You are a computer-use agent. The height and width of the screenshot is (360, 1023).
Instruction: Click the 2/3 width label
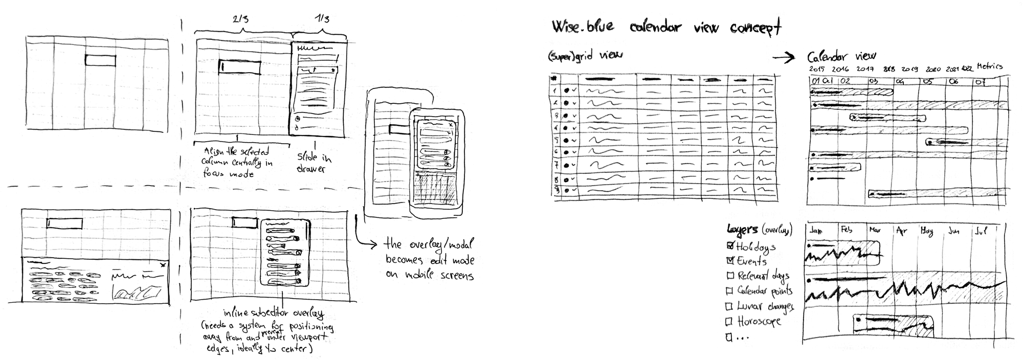[x=241, y=19]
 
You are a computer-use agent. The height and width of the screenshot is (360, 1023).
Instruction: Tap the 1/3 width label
[x=322, y=19]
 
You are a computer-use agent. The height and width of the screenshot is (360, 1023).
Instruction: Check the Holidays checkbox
[x=730, y=246]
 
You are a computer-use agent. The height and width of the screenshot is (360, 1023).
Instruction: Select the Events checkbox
[x=730, y=261]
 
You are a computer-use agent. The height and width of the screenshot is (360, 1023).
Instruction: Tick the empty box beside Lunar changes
[x=730, y=306]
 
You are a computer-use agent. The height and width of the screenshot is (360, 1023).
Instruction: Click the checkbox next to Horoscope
[x=730, y=322]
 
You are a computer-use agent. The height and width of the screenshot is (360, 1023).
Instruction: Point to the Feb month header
[x=847, y=230]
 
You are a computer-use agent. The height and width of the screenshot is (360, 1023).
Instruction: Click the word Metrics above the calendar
[x=989, y=66]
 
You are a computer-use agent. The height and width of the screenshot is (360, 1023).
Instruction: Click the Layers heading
[x=742, y=230]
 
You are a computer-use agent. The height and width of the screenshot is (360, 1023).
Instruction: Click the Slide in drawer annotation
[x=313, y=162]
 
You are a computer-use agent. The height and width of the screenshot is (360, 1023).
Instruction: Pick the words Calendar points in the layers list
[x=765, y=291]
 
